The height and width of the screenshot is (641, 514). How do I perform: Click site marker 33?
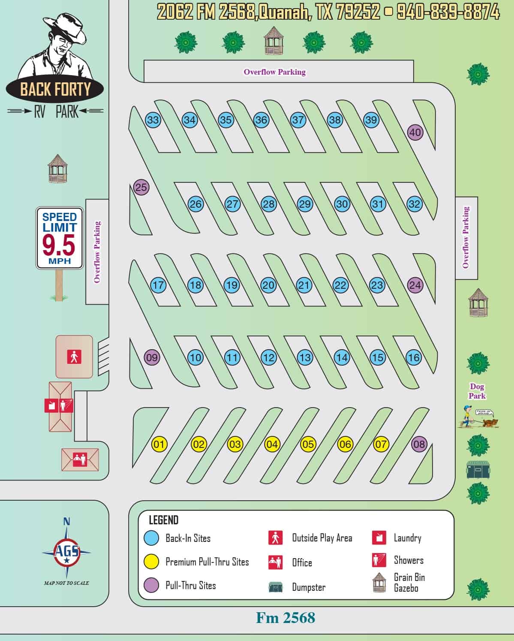point(153,120)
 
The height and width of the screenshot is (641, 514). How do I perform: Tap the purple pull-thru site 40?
point(415,132)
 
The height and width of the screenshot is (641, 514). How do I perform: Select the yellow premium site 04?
point(272,444)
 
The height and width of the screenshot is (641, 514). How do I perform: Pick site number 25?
point(141,187)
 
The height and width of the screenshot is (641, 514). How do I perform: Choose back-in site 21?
point(304,285)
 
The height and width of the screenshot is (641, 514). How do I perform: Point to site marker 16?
point(414,357)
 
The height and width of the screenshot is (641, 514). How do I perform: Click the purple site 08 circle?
point(419,444)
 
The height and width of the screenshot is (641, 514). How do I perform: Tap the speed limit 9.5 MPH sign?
point(60,238)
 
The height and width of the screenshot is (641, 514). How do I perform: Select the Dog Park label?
point(477,391)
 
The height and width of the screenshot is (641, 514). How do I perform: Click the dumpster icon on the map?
point(478,469)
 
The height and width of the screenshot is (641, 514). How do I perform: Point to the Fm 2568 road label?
point(286,618)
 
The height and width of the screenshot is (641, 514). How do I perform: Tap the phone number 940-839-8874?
point(448,12)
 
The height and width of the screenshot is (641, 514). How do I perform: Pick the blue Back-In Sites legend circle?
point(151,538)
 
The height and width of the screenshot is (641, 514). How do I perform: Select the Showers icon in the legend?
point(379,560)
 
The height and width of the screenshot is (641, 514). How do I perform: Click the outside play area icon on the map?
point(74,357)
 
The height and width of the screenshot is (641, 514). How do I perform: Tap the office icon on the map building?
point(80,459)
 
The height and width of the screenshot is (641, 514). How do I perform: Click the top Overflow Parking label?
point(274,72)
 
